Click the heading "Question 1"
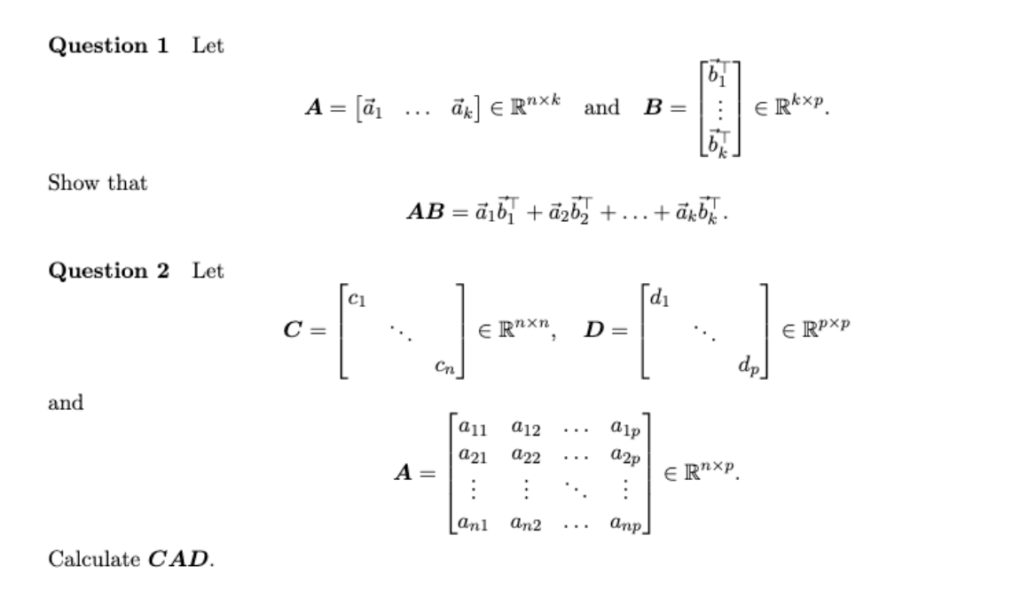click(108, 46)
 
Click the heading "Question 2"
click(108, 271)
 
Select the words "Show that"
click(98, 183)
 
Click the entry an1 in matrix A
click(474, 527)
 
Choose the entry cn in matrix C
click(446, 365)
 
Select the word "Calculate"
click(94, 559)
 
